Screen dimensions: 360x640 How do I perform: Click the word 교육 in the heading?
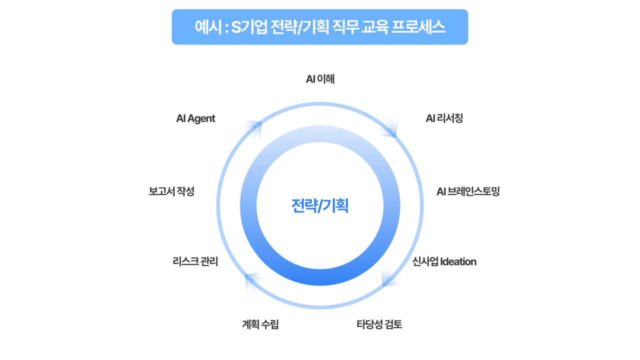376,27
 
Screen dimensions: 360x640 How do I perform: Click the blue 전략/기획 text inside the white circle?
320,205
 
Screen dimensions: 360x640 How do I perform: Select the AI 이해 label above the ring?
320,78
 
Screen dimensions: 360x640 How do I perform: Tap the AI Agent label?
196,118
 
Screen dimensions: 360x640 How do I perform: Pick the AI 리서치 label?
444,118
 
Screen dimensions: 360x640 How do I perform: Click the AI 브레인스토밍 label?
468,191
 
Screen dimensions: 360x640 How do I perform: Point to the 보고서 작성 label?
171,191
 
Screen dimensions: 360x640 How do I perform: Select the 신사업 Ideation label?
444,261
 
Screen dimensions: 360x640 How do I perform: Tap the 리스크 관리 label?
195,261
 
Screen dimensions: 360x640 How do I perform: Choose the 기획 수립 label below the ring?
260,324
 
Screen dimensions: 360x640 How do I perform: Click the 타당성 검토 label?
379,324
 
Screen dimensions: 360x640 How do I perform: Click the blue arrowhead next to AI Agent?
250,130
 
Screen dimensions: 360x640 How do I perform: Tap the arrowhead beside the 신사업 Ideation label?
391,274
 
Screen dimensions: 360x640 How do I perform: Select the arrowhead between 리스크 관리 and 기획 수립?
256,282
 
